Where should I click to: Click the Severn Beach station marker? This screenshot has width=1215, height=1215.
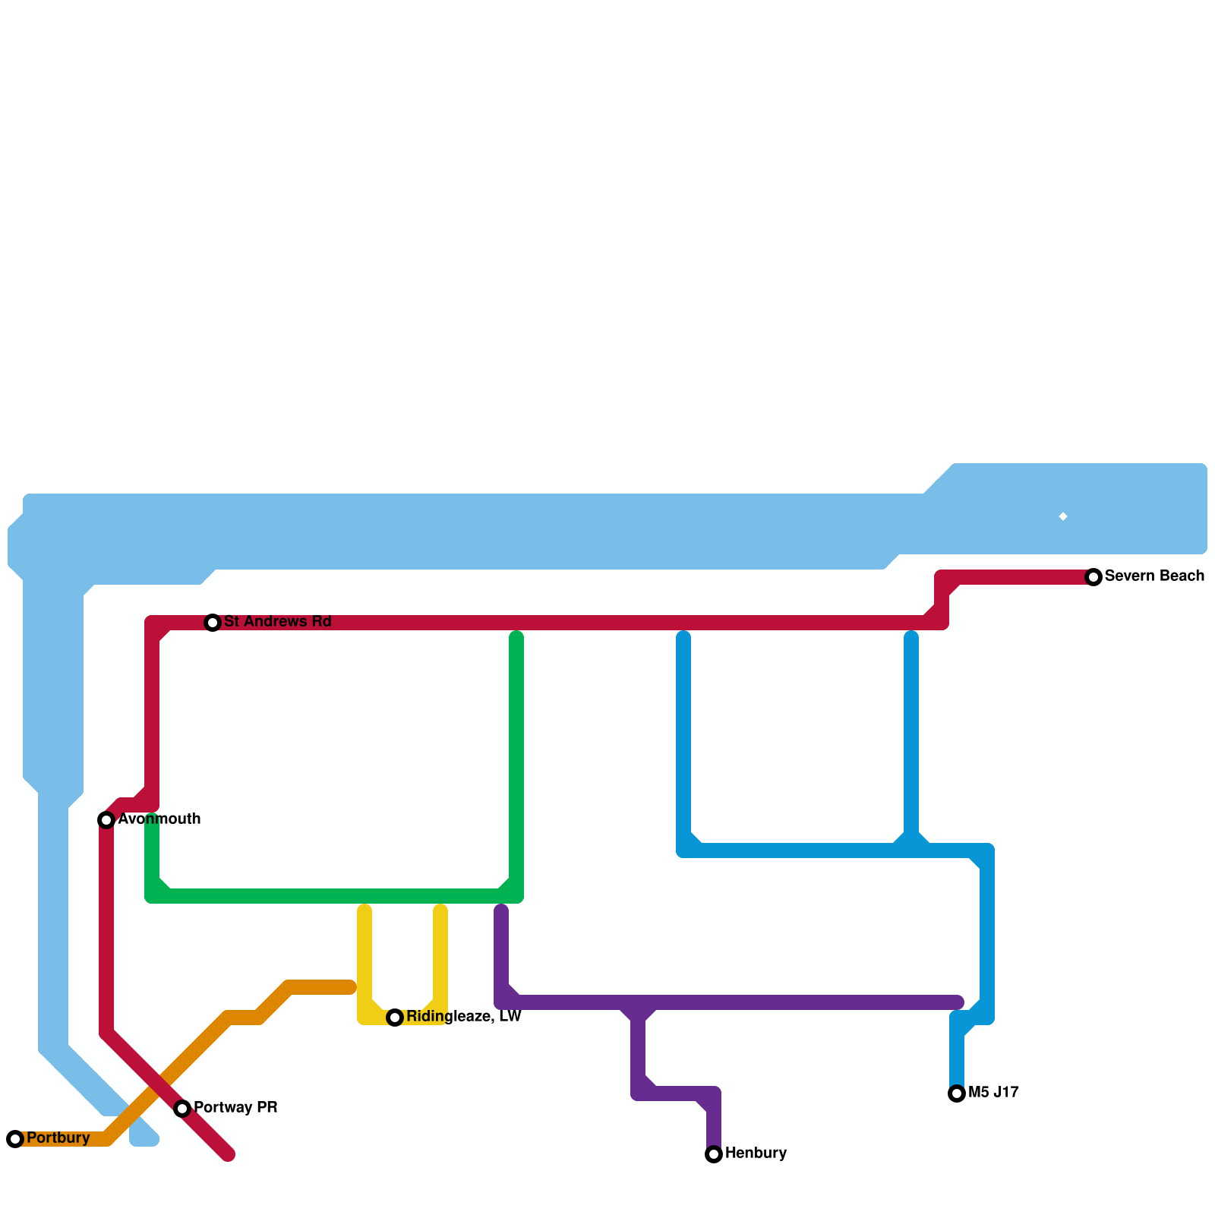click(1093, 577)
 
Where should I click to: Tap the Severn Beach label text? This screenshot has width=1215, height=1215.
click(1154, 576)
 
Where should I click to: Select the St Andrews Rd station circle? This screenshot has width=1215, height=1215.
click(213, 623)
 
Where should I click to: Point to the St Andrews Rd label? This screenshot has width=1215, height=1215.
click(278, 622)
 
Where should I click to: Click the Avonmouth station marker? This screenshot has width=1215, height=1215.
click(106, 820)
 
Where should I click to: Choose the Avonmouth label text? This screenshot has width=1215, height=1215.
click(159, 819)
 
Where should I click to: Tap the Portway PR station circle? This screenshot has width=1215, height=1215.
click(182, 1109)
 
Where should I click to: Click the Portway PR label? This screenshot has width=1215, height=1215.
click(235, 1108)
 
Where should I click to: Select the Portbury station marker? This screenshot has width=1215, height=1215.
click(15, 1139)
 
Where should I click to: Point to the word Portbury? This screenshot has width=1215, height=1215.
click(58, 1138)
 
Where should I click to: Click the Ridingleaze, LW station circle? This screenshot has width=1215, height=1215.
click(395, 1018)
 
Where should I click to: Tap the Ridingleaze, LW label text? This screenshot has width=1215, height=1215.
click(463, 1017)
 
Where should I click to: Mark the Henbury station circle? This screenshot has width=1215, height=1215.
click(714, 1154)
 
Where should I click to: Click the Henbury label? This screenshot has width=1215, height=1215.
click(756, 1153)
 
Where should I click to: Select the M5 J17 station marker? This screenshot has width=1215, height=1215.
click(957, 1093)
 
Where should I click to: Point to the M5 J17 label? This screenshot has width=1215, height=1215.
click(993, 1093)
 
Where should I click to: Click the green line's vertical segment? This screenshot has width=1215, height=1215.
click(516, 759)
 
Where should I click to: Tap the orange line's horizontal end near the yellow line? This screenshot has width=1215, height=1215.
click(334, 987)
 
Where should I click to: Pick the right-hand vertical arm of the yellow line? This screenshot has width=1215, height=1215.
click(440, 957)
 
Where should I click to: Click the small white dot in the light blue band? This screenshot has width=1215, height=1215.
click(1063, 517)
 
